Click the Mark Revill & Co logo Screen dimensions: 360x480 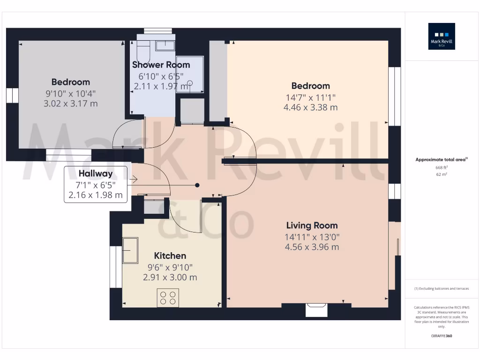(x=442, y=37)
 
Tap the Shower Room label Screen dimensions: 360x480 (x=161, y=65)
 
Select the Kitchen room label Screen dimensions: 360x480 (x=170, y=255)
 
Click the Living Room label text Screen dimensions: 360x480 (x=312, y=225)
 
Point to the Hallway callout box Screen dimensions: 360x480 (x=96, y=184)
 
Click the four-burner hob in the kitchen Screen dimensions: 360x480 (x=168, y=298)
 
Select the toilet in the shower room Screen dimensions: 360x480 (x=143, y=48)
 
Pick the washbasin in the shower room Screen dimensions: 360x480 (x=165, y=45)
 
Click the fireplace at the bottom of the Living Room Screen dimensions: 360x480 (x=316, y=309)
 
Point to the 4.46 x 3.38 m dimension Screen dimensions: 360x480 (x=310, y=107)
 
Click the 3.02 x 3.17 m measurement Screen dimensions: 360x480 (x=70, y=104)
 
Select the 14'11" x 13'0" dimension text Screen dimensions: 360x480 (x=312, y=237)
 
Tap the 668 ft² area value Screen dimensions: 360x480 (x=442, y=167)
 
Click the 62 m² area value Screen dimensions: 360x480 (x=442, y=174)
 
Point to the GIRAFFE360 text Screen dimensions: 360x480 (x=442, y=336)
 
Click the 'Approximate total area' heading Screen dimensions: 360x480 (x=441, y=160)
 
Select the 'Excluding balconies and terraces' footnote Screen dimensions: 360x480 (x=442, y=289)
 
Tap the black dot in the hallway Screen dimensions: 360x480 (x=198, y=185)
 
